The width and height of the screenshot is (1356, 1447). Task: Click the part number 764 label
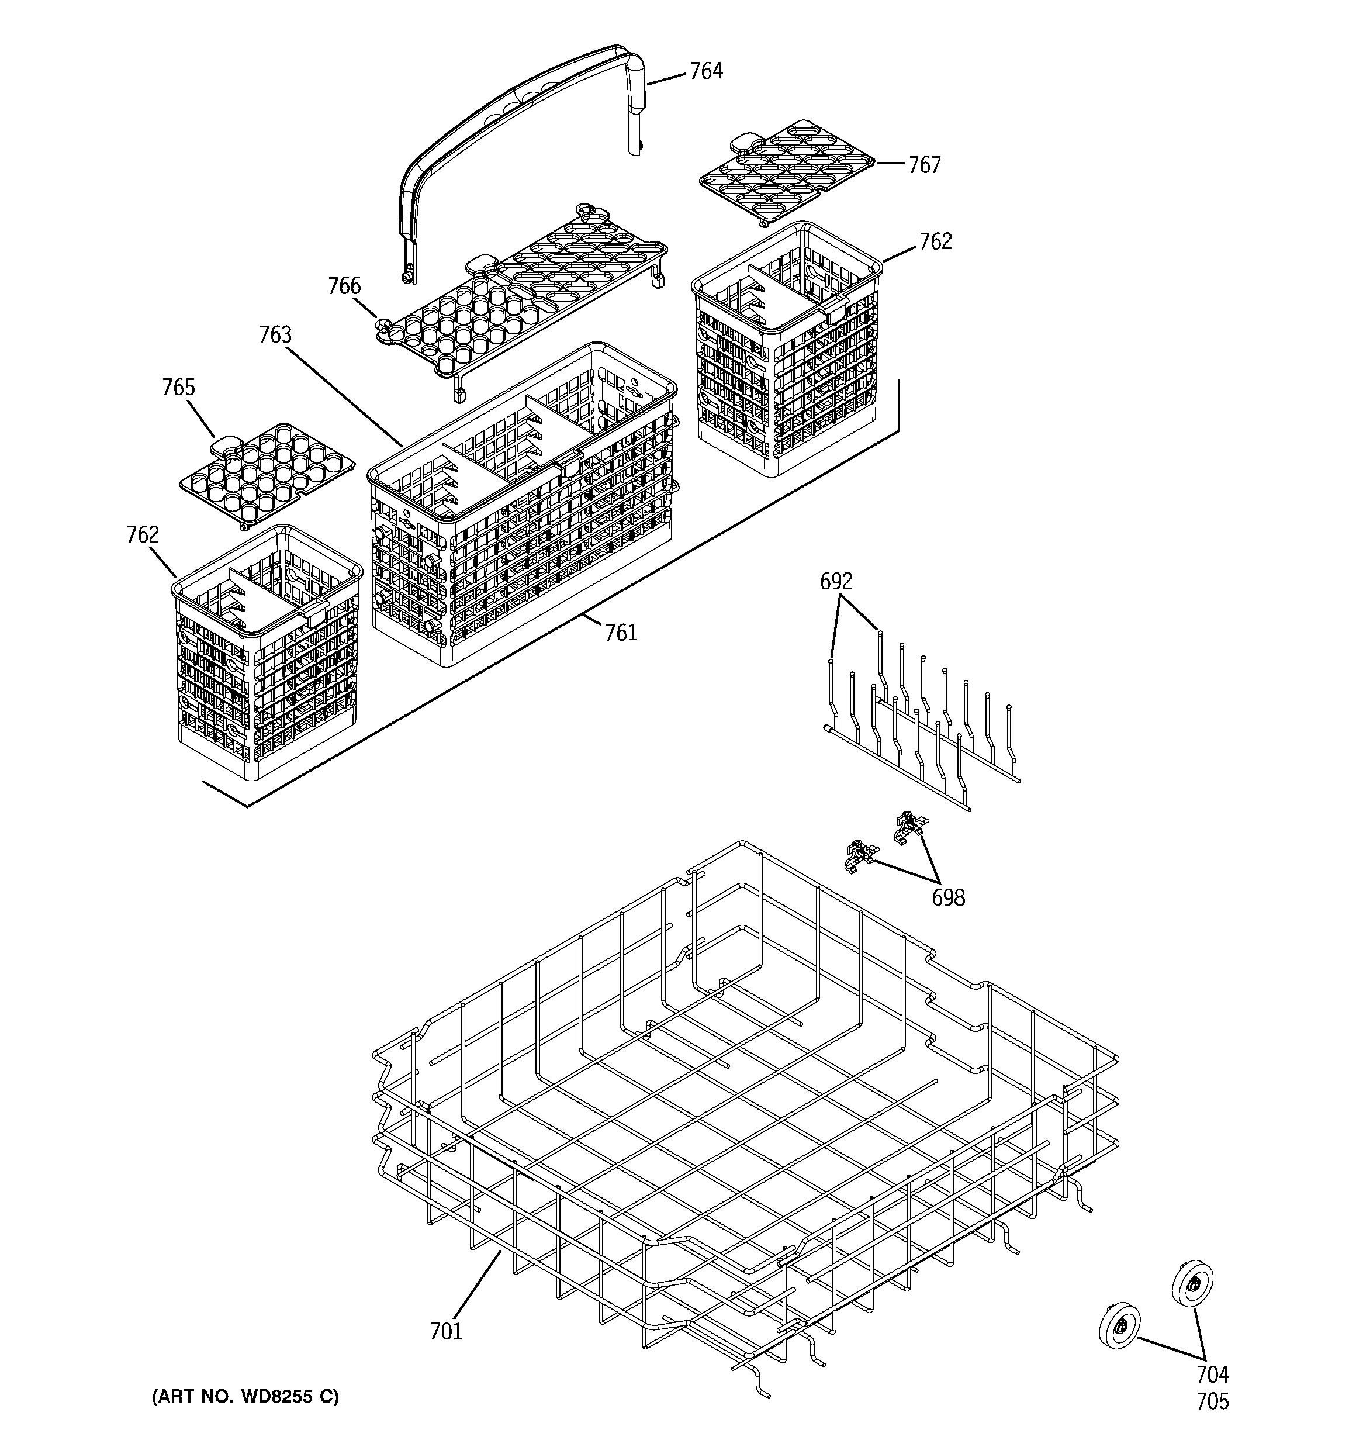705,71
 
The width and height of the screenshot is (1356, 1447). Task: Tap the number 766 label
344,286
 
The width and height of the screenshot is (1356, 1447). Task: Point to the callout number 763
275,335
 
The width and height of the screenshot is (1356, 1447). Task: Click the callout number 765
178,387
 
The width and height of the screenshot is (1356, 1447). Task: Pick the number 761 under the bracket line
621,633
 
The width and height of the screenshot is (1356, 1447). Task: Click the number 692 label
836,581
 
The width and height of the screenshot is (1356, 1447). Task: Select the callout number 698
949,898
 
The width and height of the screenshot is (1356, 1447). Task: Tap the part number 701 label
445,1331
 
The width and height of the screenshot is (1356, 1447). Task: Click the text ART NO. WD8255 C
245,1396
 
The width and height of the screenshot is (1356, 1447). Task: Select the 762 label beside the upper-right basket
935,241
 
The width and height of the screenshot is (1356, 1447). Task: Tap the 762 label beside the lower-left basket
143,535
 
